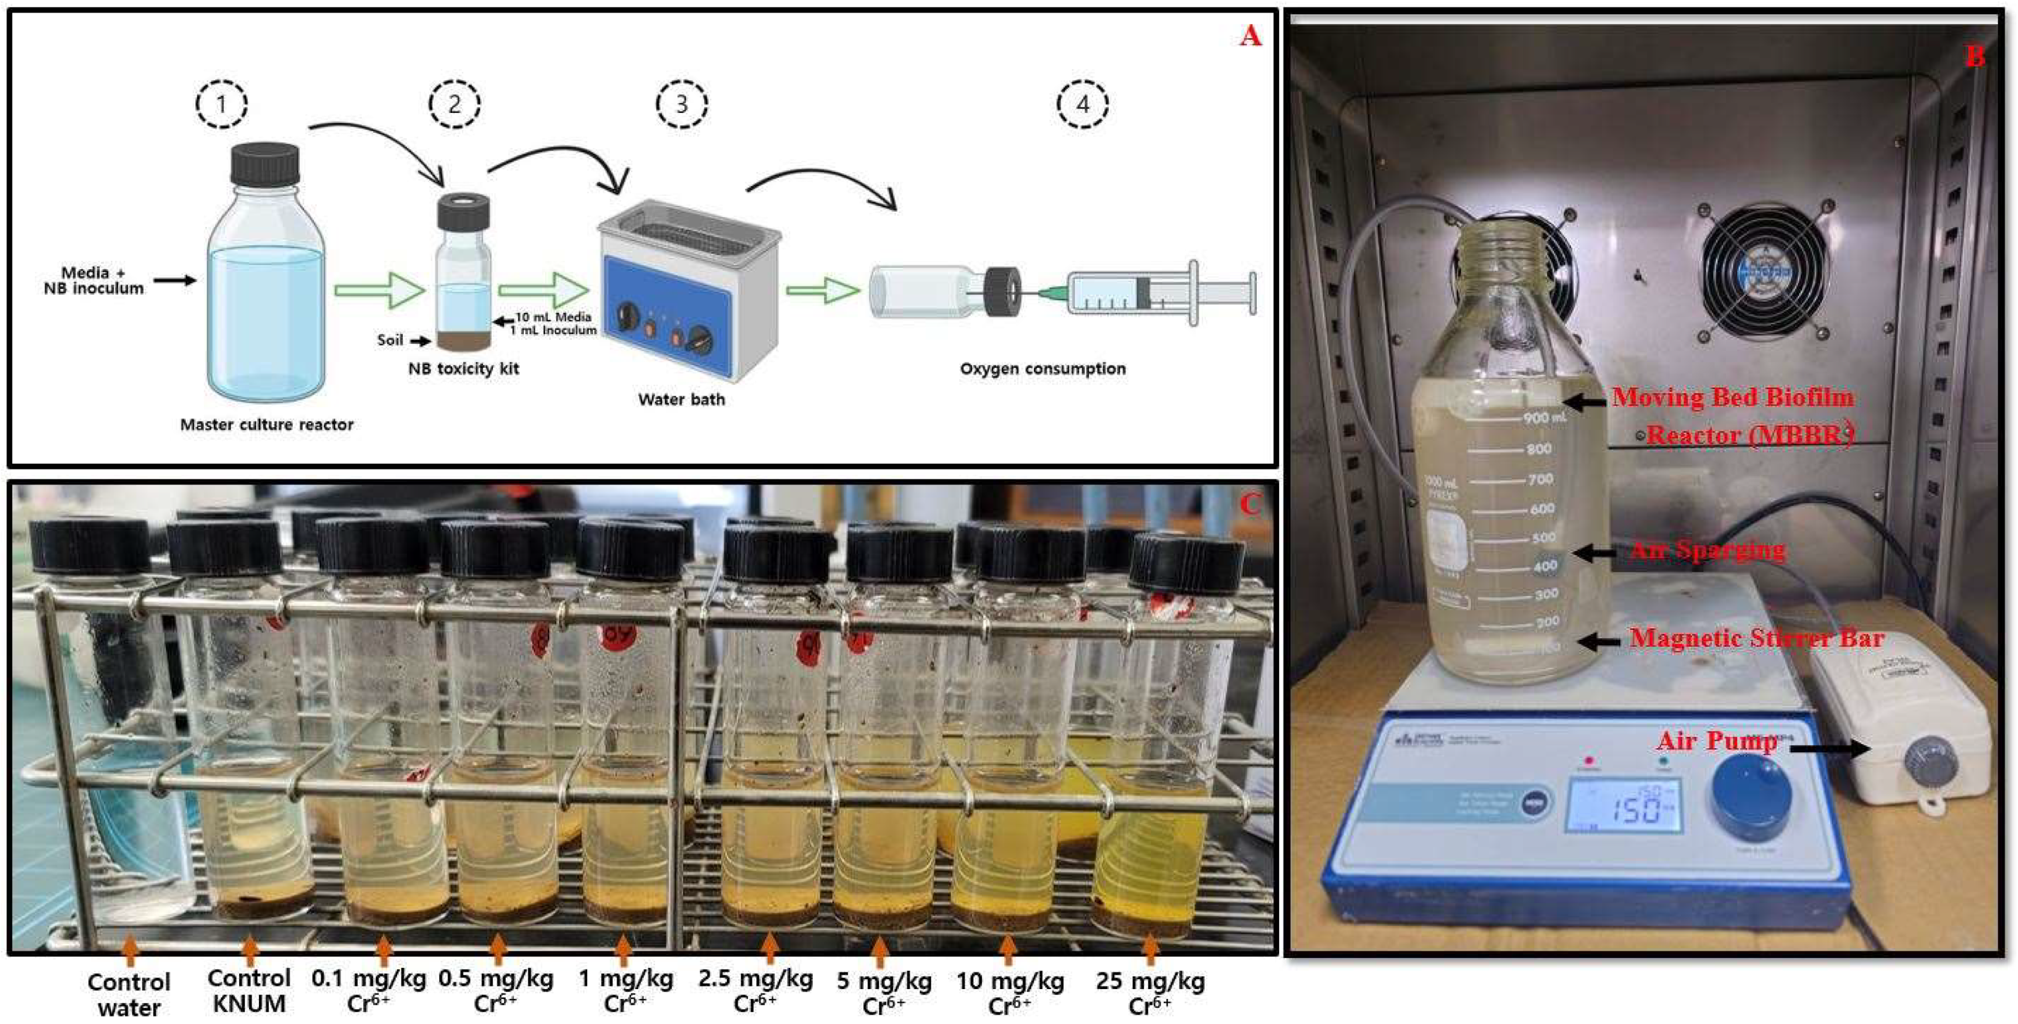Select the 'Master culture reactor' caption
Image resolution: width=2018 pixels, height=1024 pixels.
click(267, 424)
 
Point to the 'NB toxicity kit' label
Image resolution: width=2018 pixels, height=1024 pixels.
click(463, 369)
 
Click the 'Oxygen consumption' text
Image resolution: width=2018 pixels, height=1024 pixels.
click(1043, 369)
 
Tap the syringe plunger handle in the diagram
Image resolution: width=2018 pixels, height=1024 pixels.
click(1252, 293)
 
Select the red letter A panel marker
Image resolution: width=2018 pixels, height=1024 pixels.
click(1250, 36)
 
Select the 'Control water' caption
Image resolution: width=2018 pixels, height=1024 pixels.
click(128, 994)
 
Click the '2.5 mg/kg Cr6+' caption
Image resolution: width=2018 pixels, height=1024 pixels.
click(755, 990)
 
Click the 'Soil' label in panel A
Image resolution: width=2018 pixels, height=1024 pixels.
click(390, 340)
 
